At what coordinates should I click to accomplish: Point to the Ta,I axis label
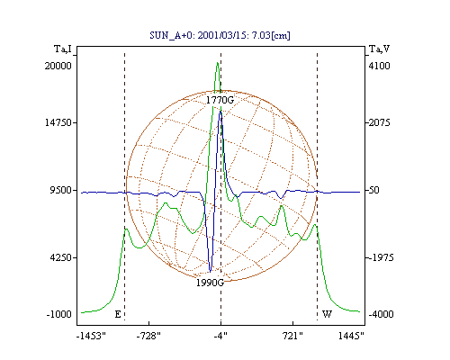point(63,49)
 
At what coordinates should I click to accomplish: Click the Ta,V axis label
point(379,49)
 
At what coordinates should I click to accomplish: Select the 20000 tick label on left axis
point(58,66)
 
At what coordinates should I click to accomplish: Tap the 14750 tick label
point(58,122)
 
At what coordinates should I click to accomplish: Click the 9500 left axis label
point(61,190)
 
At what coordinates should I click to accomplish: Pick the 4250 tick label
point(61,257)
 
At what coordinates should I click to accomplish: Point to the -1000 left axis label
point(59,314)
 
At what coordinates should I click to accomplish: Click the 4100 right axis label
point(379,66)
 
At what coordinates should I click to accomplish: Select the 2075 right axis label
point(379,122)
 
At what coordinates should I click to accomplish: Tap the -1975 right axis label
point(381,257)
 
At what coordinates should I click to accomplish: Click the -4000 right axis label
point(381,314)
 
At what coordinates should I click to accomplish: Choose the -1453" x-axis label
point(91,336)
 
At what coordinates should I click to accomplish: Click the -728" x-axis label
point(148,336)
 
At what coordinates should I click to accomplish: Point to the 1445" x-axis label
point(351,336)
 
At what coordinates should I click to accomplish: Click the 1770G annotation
point(220,100)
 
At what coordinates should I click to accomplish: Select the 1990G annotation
point(210,283)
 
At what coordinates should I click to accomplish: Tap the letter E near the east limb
point(118,314)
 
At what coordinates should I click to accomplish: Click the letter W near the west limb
point(327,314)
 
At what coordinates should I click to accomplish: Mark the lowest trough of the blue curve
point(210,272)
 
